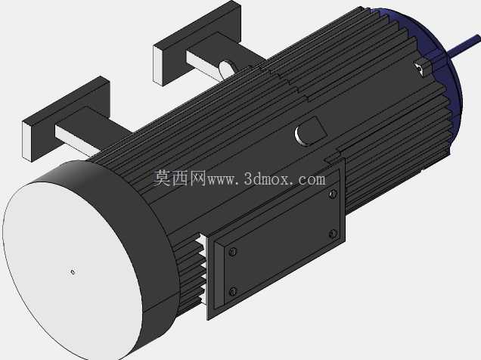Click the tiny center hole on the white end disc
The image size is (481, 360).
point(73,272)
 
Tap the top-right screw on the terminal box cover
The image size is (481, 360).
point(333,194)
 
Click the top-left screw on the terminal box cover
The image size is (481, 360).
point(233,252)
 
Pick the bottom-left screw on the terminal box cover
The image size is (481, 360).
point(233,291)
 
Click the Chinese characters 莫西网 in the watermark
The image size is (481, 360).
point(179,178)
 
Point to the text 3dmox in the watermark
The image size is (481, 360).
point(267,179)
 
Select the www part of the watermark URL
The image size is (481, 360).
point(222,181)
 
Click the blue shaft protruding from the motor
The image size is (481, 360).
point(465,45)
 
